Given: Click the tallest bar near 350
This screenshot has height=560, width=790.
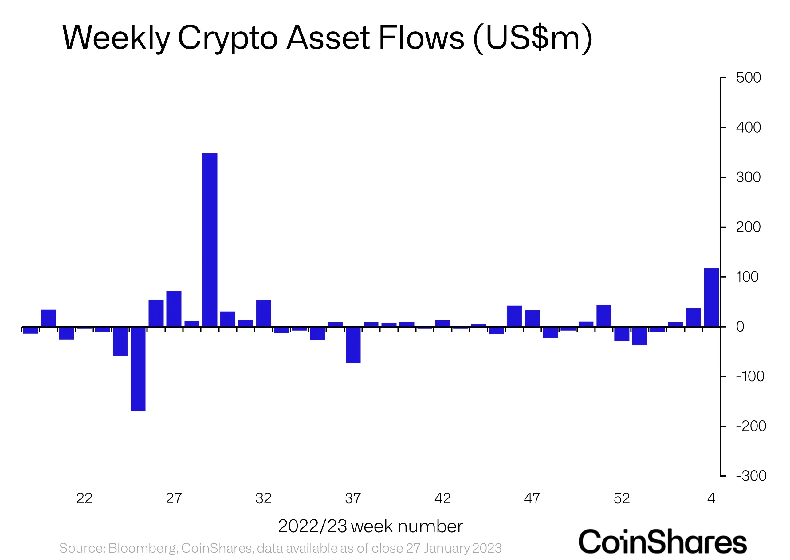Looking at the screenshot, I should (210, 240).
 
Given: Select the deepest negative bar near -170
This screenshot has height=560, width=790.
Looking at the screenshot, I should (138, 369).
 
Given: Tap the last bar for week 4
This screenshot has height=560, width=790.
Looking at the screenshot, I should (711, 297).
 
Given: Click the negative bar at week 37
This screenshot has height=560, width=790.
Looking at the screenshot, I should (353, 345).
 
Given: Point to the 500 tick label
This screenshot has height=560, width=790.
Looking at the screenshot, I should (748, 78).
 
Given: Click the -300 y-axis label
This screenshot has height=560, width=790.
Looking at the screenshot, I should (751, 476).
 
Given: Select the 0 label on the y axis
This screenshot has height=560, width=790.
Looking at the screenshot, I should (740, 327).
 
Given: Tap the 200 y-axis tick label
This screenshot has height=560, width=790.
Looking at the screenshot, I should (748, 227).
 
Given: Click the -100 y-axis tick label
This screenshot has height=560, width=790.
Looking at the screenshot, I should (750, 376).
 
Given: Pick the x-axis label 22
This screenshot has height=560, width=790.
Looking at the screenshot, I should (85, 498).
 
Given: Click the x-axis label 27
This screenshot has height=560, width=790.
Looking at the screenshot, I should (174, 498).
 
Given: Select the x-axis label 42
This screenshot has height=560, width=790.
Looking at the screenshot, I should (442, 498).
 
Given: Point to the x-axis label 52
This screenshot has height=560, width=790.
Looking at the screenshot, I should (622, 498).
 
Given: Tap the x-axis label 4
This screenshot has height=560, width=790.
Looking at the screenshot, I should (711, 498).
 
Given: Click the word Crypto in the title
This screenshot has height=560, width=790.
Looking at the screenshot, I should (227, 38).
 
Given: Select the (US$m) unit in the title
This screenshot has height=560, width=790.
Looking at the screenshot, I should (532, 38).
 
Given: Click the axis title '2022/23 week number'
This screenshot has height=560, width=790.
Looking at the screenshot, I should (370, 526).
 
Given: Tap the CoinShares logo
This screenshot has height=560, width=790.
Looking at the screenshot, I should (662, 542).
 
